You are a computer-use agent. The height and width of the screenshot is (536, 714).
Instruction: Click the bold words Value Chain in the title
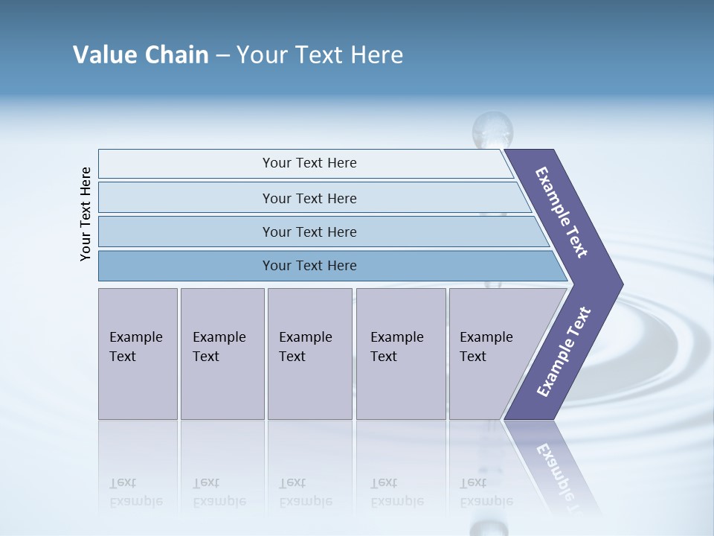[141, 55]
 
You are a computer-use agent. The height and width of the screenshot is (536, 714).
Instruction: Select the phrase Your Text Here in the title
[320, 55]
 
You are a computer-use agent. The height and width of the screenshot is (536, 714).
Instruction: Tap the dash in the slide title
[222, 56]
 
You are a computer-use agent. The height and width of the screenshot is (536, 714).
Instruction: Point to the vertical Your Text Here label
[86, 214]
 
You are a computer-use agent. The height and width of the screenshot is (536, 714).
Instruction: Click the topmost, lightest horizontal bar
[309, 163]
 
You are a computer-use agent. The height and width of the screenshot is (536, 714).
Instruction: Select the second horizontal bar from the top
[309, 198]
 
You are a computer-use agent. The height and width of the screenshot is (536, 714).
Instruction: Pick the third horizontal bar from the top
[309, 232]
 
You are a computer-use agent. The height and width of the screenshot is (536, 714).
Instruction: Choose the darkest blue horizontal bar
[309, 266]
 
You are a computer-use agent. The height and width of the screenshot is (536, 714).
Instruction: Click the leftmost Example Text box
[138, 354]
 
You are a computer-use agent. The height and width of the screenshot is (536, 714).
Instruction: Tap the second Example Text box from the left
[222, 354]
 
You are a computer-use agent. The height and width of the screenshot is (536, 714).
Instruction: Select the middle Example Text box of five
[309, 354]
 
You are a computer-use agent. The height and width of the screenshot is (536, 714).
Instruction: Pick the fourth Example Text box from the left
[400, 354]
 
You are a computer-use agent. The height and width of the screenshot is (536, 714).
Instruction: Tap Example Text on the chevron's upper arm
[562, 211]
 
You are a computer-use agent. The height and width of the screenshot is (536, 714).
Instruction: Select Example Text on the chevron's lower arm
[563, 352]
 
